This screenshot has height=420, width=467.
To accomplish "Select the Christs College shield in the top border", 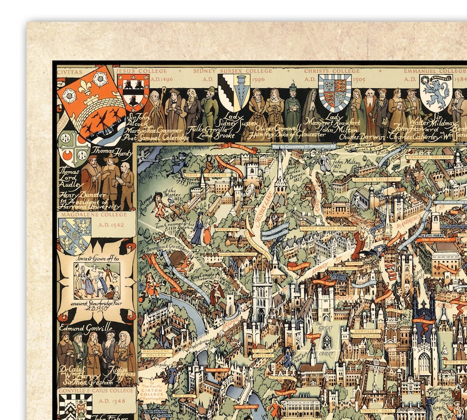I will (x=334, y=92).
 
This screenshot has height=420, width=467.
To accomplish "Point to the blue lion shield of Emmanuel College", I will (x=435, y=94).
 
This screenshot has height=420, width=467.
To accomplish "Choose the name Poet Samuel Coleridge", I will (x=158, y=138).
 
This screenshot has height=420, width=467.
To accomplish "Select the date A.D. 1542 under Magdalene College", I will (x=112, y=225).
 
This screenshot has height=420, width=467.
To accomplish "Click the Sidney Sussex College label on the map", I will (x=328, y=228).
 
